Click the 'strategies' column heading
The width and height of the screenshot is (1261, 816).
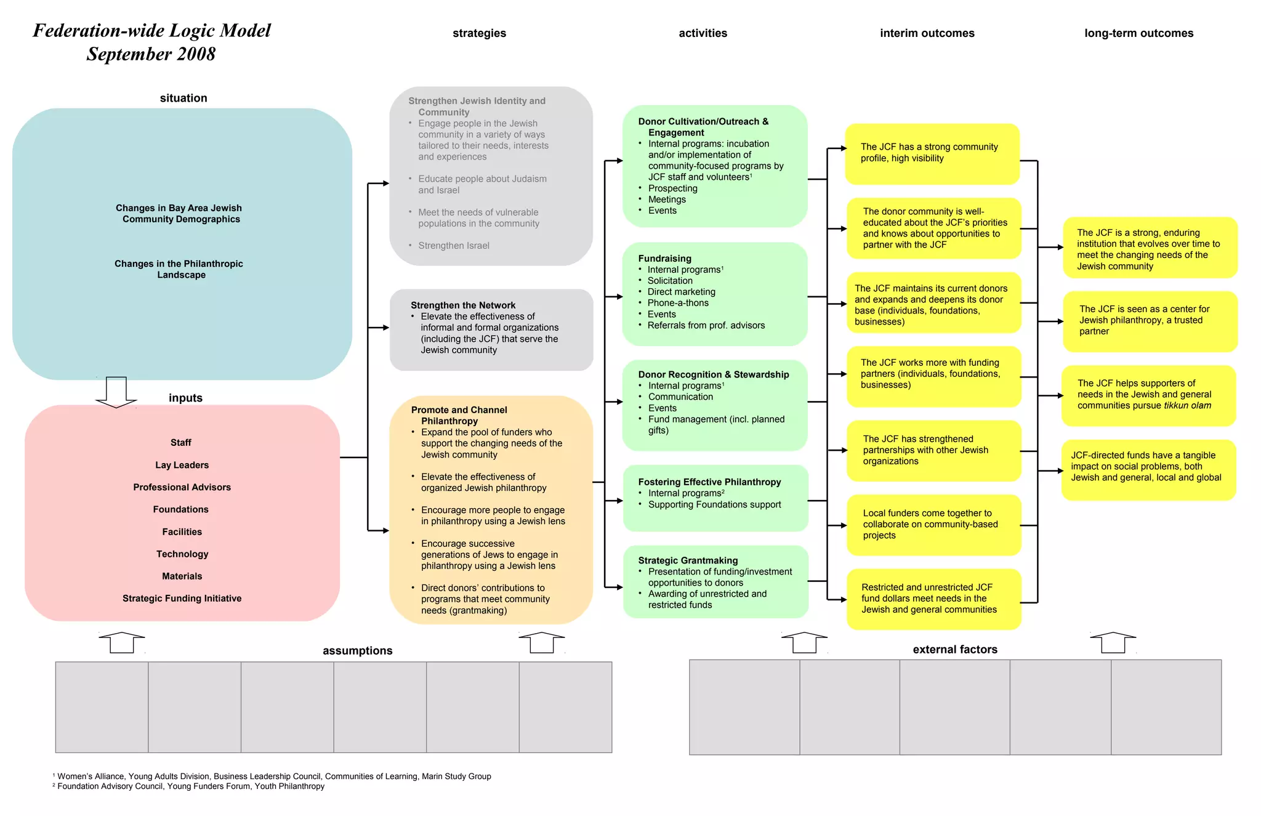(479, 33)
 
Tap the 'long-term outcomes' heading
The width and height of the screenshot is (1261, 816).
(1138, 33)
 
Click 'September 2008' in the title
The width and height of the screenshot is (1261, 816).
(151, 54)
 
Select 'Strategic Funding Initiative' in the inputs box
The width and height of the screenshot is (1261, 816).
(182, 599)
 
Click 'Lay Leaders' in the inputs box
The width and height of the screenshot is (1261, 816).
(182, 465)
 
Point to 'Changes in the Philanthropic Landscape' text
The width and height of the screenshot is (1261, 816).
(179, 269)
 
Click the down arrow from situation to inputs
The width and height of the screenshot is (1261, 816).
(116, 392)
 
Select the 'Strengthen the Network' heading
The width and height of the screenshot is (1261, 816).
(463, 305)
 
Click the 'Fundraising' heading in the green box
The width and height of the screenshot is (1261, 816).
(664, 259)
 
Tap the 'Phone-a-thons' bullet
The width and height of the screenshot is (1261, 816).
(677, 303)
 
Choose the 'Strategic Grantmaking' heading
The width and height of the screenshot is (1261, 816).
(688, 560)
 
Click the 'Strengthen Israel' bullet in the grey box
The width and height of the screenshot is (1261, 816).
(454, 246)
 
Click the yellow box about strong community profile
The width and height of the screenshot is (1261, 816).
(932, 153)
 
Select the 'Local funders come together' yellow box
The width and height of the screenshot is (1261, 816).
(933, 525)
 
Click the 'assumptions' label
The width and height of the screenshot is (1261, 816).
(357, 651)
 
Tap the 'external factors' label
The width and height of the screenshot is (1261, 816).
(954, 650)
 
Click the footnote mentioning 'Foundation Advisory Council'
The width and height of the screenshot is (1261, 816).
(190, 786)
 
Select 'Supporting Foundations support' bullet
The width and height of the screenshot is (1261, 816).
(714, 505)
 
